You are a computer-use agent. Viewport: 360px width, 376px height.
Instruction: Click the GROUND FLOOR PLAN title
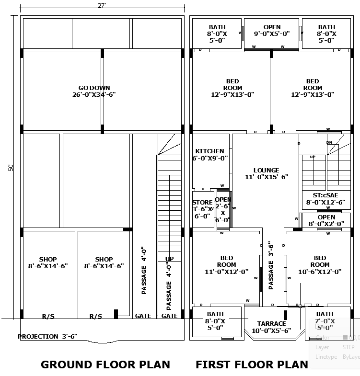point(105,365)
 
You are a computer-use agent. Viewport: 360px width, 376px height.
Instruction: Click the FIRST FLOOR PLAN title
point(252,365)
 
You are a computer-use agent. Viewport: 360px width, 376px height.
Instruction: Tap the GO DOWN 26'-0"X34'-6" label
point(94,91)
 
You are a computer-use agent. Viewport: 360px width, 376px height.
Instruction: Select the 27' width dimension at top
point(102,5)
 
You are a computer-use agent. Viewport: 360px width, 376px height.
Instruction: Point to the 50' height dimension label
point(11,167)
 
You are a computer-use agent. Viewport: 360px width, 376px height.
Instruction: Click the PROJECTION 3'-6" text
point(47,336)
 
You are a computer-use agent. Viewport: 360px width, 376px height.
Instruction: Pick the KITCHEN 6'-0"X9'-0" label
point(209,154)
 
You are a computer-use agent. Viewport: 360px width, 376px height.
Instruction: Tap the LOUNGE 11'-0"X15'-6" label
point(266,173)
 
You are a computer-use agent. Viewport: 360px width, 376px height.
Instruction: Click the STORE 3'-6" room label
point(202,209)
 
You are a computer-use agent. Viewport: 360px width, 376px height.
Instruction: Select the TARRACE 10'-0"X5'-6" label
point(271,327)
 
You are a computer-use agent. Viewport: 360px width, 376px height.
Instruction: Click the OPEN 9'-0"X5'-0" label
point(272,30)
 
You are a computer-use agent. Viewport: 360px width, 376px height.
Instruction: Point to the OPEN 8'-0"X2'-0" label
point(326,220)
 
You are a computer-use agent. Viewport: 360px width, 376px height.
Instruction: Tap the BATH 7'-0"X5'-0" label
point(325,321)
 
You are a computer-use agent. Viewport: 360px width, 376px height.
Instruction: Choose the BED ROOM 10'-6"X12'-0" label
point(320,264)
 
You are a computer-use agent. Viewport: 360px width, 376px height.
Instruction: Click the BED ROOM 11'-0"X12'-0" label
point(227,264)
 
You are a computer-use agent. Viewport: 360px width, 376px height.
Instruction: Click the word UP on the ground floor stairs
point(170,259)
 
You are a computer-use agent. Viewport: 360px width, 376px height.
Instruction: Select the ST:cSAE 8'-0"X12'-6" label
point(325,198)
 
